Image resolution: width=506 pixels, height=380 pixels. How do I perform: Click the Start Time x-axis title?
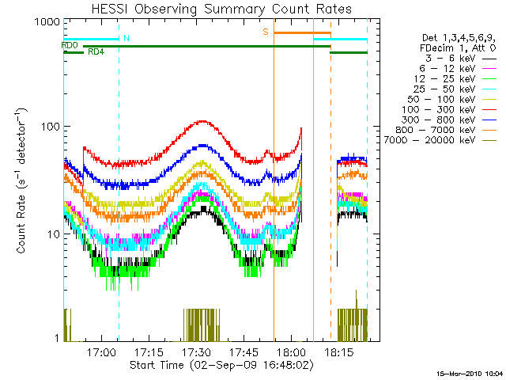pos(222,365)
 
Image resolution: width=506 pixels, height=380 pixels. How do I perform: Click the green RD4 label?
pos(95,53)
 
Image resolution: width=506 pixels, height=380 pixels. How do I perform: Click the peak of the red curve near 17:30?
pos(204,121)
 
